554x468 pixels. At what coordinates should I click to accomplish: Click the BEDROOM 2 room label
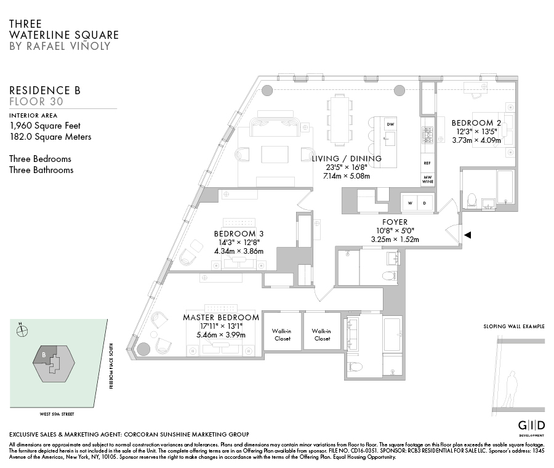tap(476, 123)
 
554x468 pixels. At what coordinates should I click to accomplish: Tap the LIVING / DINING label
tap(347, 158)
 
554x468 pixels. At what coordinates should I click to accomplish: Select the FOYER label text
tap(395, 222)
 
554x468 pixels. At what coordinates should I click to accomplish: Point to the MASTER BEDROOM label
tap(220, 318)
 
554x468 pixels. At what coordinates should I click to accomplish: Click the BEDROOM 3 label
tap(239, 233)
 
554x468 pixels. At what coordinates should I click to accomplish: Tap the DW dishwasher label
tap(390, 124)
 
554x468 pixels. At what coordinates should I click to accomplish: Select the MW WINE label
tap(427, 179)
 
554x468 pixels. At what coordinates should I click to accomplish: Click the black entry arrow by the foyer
tap(468, 235)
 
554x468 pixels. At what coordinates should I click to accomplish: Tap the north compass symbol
tap(22, 330)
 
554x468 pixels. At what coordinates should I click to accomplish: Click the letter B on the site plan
tap(44, 354)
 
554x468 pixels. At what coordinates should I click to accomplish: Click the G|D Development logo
tap(531, 427)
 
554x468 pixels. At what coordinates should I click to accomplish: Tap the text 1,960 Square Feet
tap(45, 126)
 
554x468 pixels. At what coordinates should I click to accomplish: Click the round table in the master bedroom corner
tap(143, 349)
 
